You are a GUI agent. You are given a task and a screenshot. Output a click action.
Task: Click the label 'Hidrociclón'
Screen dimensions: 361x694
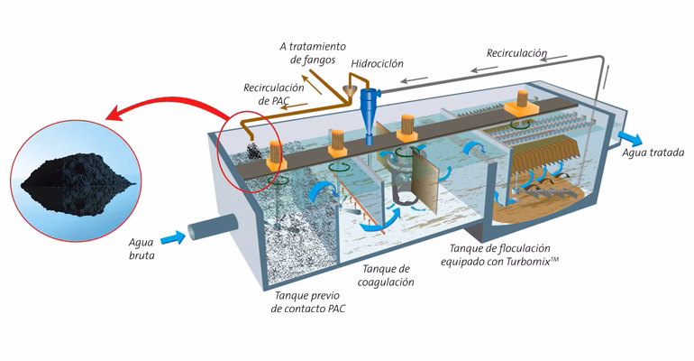[377, 64]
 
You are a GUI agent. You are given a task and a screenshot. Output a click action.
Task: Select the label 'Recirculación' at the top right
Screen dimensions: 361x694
[516, 53]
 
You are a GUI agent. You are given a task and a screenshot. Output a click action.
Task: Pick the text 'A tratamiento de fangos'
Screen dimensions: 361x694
[302, 52]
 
